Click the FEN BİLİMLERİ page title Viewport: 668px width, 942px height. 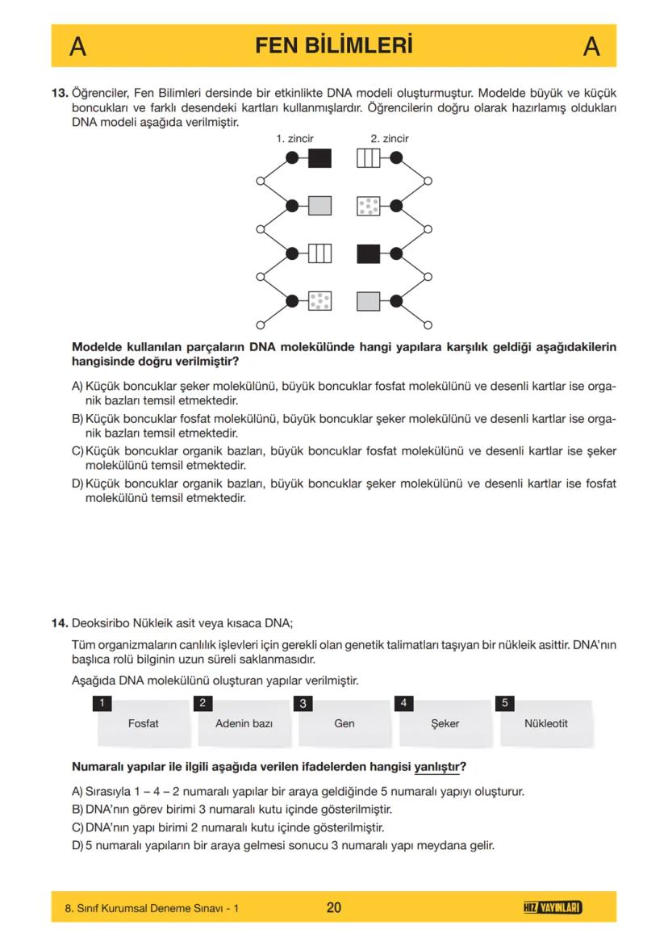coord(333,45)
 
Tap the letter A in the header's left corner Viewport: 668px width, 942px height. coord(78,47)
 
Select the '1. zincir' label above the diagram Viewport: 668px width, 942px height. coord(294,139)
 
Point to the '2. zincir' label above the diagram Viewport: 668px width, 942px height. coord(390,139)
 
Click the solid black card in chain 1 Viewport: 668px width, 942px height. coord(320,158)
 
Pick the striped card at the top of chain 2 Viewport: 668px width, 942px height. coord(368,158)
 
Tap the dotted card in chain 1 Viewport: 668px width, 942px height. coord(320,302)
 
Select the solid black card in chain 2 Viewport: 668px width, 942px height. coord(368,253)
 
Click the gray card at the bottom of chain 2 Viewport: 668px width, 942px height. coord(368,302)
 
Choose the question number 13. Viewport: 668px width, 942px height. coord(60,94)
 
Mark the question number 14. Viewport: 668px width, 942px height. coord(60,623)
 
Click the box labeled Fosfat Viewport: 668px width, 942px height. coord(143,723)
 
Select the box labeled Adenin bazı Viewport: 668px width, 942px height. coord(244,723)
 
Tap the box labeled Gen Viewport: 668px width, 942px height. coord(344,723)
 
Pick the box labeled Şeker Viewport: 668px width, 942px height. coord(445,723)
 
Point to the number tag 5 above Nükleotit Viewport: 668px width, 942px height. coord(505,703)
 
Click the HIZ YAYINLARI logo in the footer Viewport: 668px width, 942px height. coord(553,908)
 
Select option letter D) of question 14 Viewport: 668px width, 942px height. coord(77,846)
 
